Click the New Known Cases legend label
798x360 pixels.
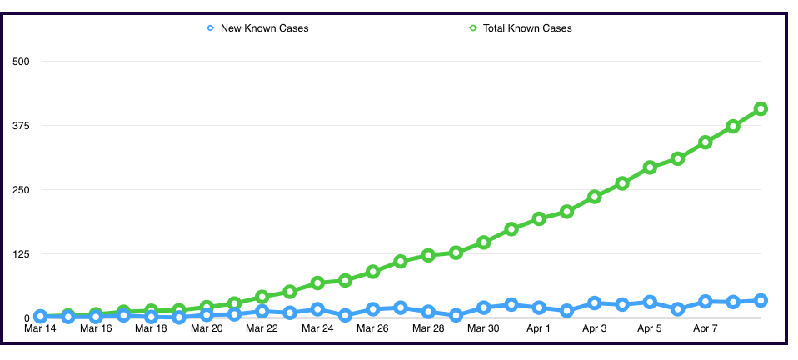coord(264,28)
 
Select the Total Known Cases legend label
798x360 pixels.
coord(527,28)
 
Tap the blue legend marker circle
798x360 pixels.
coord(210,28)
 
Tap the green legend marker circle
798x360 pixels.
coord(472,28)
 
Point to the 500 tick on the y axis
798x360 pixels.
coord(21,62)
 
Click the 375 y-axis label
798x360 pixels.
coord(21,126)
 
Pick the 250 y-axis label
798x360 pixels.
coord(21,190)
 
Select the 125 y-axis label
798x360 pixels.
coord(21,254)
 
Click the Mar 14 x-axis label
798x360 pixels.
coord(40,328)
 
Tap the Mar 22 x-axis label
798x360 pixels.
coord(262,328)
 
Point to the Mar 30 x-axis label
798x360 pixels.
coord(483,328)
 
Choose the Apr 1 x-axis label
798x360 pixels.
coord(539,328)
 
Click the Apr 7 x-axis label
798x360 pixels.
coord(706,328)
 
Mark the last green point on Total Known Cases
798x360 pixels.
coord(761,108)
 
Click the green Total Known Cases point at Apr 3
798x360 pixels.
coord(595,197)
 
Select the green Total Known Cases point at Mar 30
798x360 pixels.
coord(484,242)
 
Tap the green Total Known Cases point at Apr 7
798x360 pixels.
coord(706,142)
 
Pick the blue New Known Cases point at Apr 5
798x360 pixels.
coord(650,302)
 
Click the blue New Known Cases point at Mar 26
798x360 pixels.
coord(373,309)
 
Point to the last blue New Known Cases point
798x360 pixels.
coord(761,300)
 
